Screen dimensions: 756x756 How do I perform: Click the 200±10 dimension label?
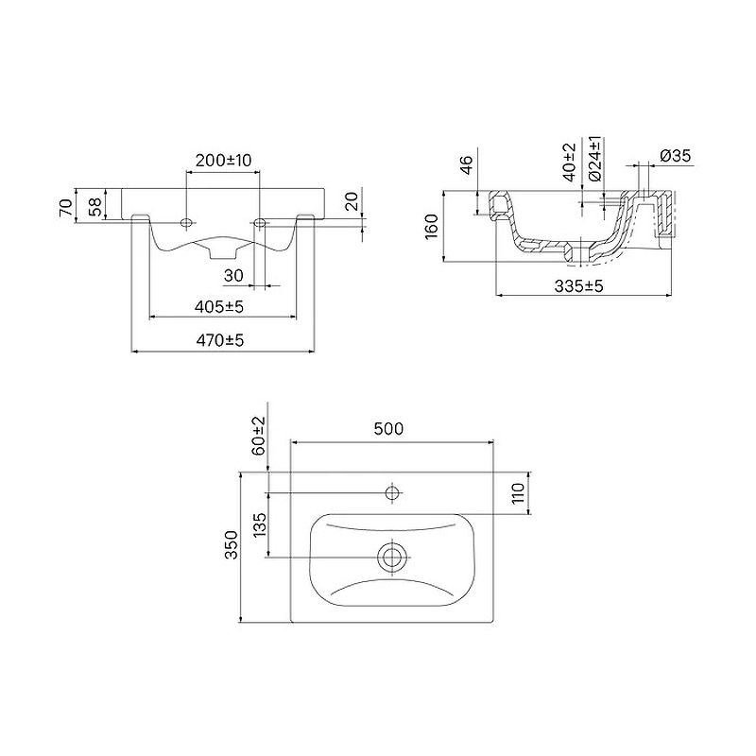(223, 161)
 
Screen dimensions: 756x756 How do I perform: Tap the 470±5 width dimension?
(221, 341)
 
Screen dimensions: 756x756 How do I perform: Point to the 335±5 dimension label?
(579, 285)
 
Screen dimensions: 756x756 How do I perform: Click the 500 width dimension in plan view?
(389, 429)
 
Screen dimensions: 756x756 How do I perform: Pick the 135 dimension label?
(259, 525)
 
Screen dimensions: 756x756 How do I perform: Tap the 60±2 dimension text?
(258, 436)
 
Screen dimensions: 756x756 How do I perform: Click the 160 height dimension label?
(432, 226)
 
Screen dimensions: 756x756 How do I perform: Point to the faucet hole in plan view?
(392, 491)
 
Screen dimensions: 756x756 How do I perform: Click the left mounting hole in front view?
(186, 223)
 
